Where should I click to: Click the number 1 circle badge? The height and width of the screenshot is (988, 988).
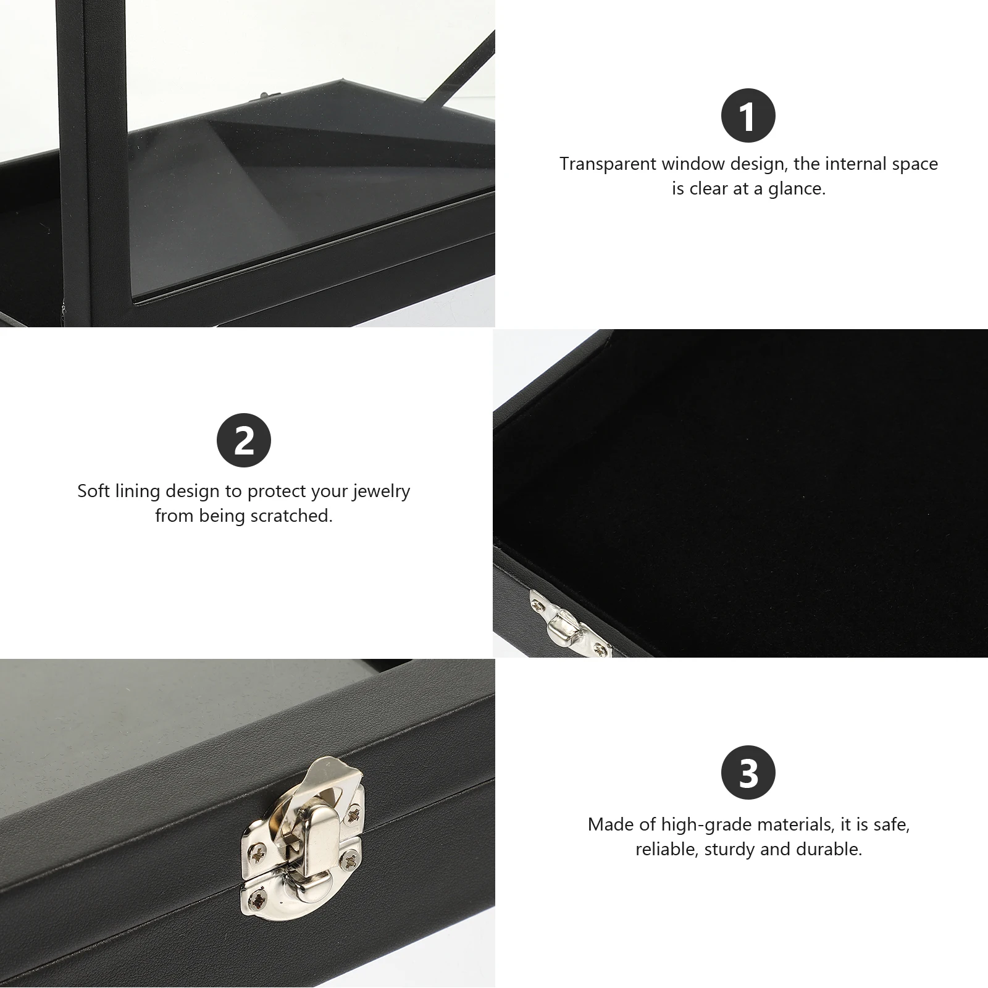pos(748,116)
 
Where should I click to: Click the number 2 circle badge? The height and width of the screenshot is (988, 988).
pos(243,440)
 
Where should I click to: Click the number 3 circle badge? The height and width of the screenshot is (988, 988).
pos(748,772)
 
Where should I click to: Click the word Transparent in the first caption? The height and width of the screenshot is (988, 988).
pos(608,164)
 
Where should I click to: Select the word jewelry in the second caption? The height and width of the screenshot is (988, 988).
pos(381,492)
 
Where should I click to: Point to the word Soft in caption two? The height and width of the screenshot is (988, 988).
pos(93,492)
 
